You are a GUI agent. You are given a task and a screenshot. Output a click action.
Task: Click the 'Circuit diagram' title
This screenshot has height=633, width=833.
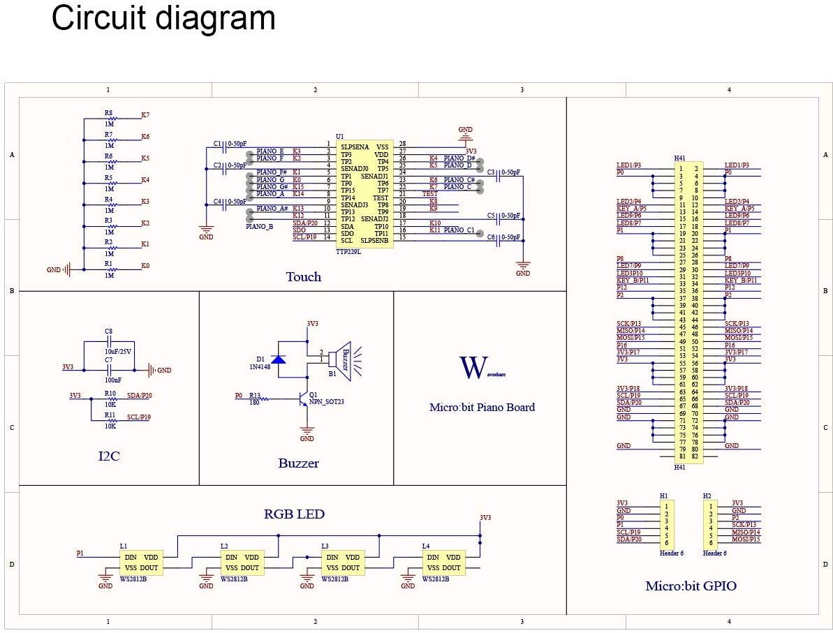tap(163, 19)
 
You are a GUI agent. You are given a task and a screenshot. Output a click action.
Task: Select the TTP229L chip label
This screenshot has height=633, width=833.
tap(348, 251)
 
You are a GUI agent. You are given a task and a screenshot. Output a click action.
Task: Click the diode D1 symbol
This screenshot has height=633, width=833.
tap(279, 359)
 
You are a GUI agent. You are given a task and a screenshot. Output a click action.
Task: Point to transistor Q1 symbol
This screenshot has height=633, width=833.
tap(303, 399)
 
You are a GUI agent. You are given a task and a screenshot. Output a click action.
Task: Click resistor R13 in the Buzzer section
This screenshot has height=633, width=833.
tap(264, 399)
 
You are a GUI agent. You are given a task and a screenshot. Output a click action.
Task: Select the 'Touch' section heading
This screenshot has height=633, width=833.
tap(304, 277)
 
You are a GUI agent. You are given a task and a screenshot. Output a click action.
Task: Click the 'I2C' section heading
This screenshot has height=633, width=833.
tap(108, 457)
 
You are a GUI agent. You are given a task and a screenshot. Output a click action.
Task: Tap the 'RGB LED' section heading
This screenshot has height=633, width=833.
tap(294, 514)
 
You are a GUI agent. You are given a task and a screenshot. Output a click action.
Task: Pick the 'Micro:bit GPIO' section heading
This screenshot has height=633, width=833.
tap(691, 586)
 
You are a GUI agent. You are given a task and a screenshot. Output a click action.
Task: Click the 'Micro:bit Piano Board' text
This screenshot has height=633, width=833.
tap(482, 408)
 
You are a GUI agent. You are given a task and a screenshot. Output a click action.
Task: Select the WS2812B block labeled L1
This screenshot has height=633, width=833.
tap(141, 563)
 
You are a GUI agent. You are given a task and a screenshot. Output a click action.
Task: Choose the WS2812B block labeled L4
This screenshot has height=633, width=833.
tap(443, 563)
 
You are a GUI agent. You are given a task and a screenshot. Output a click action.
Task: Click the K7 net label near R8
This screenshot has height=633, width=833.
tap(145, 114)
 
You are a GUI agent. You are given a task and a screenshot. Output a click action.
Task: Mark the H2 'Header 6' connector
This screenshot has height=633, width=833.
tap(710, 524)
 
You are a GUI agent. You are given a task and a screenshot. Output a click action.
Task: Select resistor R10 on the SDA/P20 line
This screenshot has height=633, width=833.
tap(110, 399)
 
